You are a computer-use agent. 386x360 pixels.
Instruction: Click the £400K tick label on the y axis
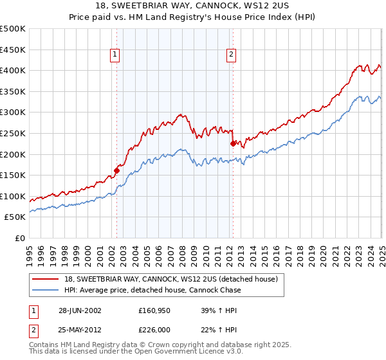pos(13,70)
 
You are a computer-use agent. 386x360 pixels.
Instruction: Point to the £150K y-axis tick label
pos(13,175)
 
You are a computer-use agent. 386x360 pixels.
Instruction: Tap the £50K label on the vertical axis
pos(15,217)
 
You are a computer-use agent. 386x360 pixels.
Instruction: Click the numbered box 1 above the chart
pos(115,55)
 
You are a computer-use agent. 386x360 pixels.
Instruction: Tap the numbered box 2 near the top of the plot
pos(230,55)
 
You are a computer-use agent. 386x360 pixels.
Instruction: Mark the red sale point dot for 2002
pos(117,170)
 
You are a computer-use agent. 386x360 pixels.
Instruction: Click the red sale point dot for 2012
pos(233,143)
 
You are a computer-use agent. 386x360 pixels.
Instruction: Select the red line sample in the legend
pos(46,279)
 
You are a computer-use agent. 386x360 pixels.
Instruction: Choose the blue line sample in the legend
pos(46,290)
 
